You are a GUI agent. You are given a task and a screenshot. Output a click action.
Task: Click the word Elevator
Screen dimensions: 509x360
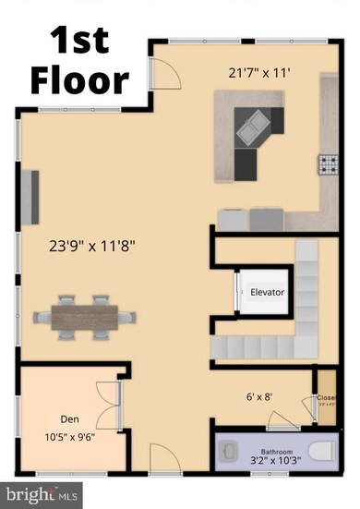pos(268,292)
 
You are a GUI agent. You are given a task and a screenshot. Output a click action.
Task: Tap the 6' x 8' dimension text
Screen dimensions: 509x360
pos(259,398)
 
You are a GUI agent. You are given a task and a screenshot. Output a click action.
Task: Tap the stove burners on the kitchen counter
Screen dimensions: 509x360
pos(329,165)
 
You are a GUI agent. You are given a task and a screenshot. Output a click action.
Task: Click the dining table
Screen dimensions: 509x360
pos(86,315)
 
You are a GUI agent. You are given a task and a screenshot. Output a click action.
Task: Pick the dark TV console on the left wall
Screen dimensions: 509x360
pos(33,198)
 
